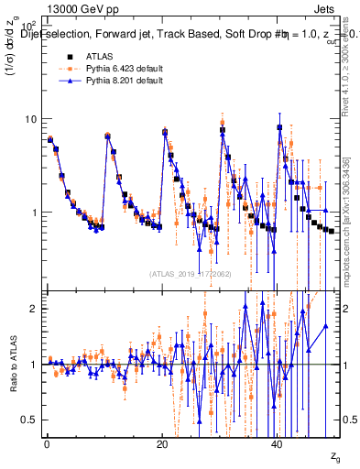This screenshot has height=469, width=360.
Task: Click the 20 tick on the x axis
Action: (162, 442)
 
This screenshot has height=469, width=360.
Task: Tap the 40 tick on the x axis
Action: (278, 442)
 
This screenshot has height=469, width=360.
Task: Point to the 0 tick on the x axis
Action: (47, 442)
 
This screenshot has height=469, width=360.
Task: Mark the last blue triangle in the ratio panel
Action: (325, 325)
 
